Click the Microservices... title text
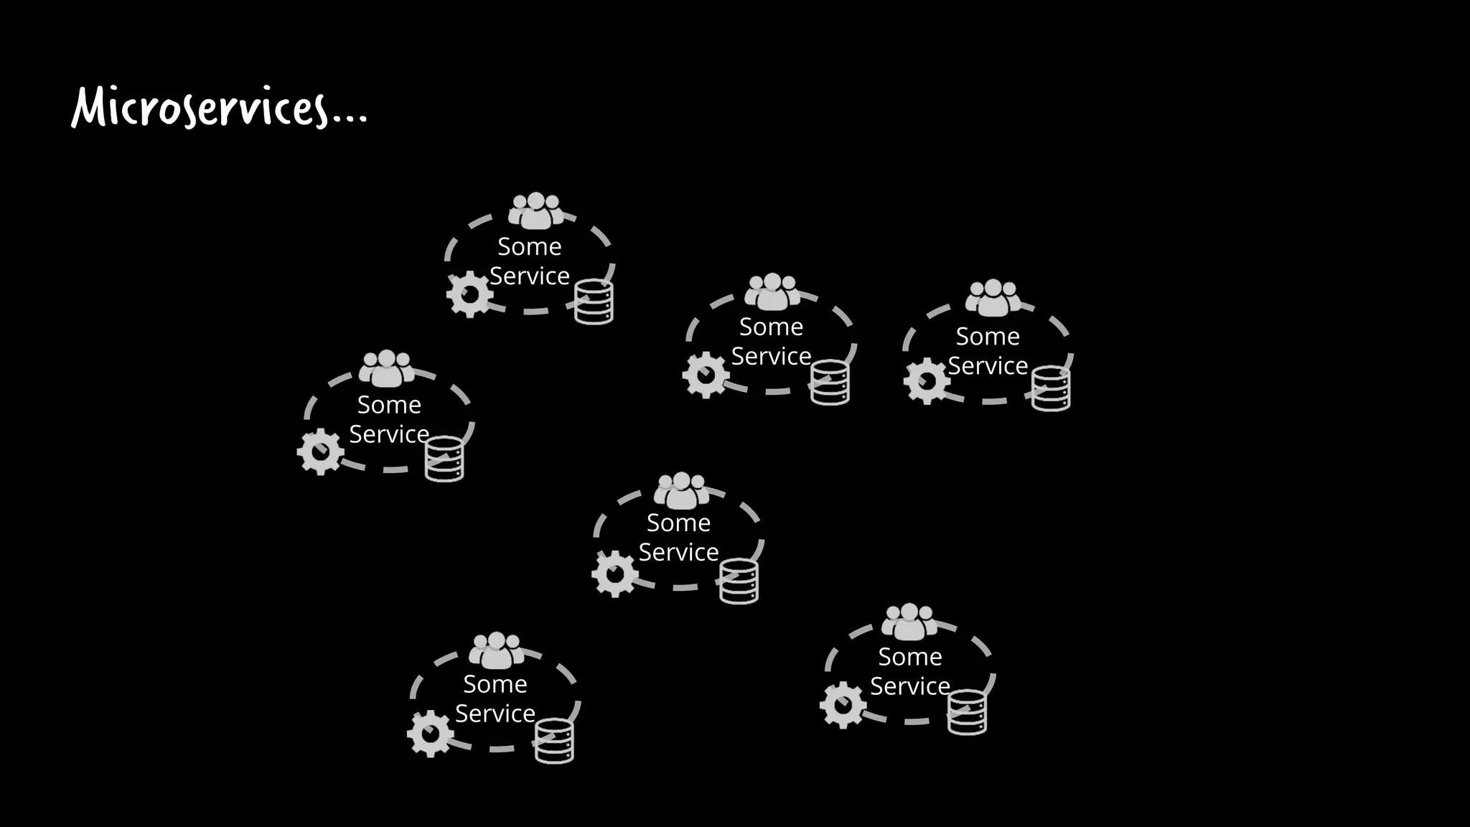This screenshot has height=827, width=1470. click(x=219, y=108)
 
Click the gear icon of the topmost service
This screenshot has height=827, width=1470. click(x=469, y=294)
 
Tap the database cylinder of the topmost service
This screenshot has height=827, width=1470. click(x=594, y=302)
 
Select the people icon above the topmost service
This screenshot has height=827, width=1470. click(x=535, y=210)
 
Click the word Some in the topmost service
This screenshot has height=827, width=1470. click(x=530, y=247)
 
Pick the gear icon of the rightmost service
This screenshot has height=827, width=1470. click(x=927, y=381)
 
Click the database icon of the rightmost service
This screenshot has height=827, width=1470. click(x=1051, y=388)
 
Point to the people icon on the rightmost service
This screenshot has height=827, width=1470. click(x=993, y=298)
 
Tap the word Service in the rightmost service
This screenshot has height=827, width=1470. click(x=988, y=366)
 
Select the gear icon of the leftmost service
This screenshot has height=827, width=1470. click(x=320, y=452)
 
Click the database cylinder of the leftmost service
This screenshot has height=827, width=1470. click(x=444, y=459)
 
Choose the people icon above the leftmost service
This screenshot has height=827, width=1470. click(x=386, y=368)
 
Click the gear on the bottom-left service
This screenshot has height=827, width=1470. click(x=430, y=734)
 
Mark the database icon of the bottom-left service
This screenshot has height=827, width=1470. click(x=554, y=741)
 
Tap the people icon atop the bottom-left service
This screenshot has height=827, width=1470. click(x=496, y=650)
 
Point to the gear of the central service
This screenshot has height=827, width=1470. click(x=614, y=574)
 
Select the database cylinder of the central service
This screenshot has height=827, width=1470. click(x=739, y=581)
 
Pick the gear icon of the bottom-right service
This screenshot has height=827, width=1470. click(x=843, y=705)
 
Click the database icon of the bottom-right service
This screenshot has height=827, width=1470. click(x=967, y=712)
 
